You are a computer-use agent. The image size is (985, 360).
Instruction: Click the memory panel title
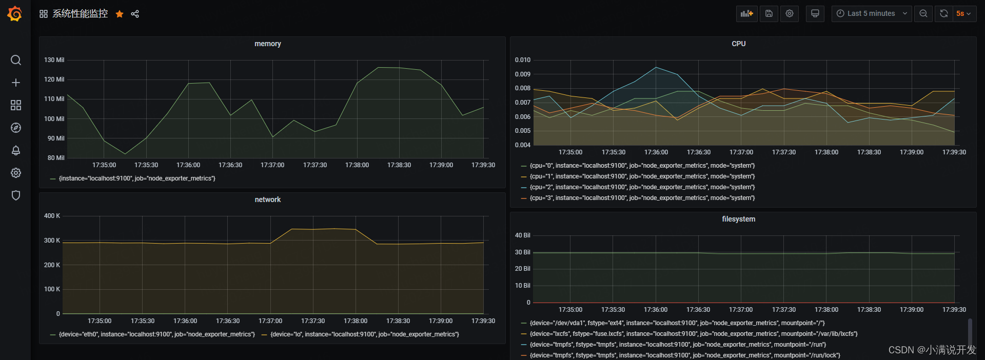267,44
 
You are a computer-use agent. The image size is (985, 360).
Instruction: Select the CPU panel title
738,44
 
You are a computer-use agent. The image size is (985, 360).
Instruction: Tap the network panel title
267,200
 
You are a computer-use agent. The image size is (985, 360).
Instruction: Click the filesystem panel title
738,219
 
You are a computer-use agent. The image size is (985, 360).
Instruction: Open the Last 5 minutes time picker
871,14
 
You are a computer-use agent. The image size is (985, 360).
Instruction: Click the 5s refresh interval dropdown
963,14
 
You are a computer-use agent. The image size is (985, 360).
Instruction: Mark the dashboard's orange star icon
120,14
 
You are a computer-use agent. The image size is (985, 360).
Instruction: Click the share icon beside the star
135,14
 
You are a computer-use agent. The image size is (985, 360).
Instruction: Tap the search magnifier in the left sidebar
16,61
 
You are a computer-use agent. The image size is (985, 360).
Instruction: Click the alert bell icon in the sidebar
16,150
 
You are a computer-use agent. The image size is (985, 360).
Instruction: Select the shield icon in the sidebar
16,195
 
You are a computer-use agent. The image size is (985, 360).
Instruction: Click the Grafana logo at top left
15,14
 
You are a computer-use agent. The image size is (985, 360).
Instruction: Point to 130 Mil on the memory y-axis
54,60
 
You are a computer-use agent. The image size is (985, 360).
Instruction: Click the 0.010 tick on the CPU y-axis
522,60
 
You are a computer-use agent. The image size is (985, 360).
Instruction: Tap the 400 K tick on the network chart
52,216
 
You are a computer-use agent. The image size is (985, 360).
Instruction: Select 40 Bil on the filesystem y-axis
522,235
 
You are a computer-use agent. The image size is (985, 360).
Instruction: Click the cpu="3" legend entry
642,198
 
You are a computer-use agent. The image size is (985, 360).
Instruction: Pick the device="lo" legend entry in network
364,334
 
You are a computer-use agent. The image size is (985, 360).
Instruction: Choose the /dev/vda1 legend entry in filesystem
677,323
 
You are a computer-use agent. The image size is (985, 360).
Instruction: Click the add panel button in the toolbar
746,14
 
